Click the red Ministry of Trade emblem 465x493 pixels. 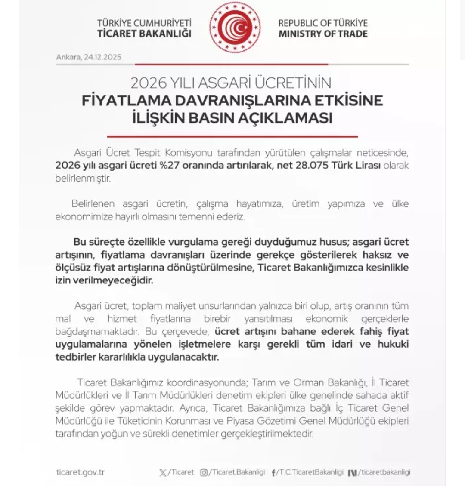click(x=235, y=28)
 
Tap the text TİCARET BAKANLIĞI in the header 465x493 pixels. click(x=144, y=34)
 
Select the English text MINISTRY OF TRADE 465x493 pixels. click(x=323, y=34)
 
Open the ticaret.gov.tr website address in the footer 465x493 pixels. click(x=81, y=472)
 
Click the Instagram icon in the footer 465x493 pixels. click(x=204, y=472)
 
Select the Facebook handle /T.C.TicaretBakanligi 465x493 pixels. click(x=310, y=472)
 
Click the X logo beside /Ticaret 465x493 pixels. click(x=163, y=472)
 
